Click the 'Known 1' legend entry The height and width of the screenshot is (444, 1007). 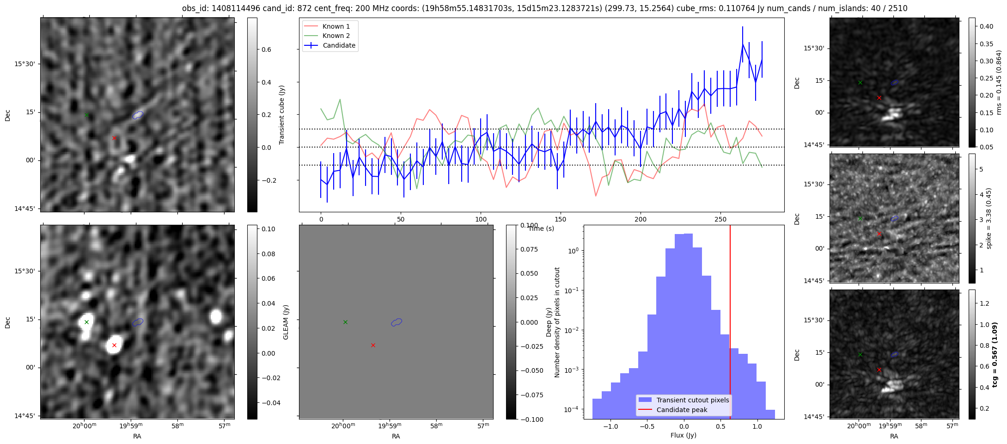[x=336, y=26]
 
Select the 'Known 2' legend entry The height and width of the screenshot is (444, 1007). [x=336, y=36]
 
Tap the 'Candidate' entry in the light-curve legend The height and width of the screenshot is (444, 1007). [x=339, y=45]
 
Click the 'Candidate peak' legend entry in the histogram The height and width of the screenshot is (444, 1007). [x=682, y=410]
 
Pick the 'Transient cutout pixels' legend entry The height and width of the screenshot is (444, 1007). [x=692, y=400]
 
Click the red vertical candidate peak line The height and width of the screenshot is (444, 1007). [x=730, y=324]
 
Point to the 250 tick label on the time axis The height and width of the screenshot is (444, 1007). [x=720, y=219]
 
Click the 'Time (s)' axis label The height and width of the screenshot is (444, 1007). [x=541, y=228]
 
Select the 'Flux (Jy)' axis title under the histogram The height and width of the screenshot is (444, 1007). [x=683, y=435]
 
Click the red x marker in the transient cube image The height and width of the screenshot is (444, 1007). [x=114, y=138]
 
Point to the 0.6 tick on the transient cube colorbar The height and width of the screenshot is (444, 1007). [x=266, y=49]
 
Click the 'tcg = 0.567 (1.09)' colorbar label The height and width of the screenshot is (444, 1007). [x=995, y=354]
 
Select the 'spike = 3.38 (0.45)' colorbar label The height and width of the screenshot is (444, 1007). [x=989, y=218]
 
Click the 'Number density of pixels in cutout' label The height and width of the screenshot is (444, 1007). [x=557, y=322]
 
